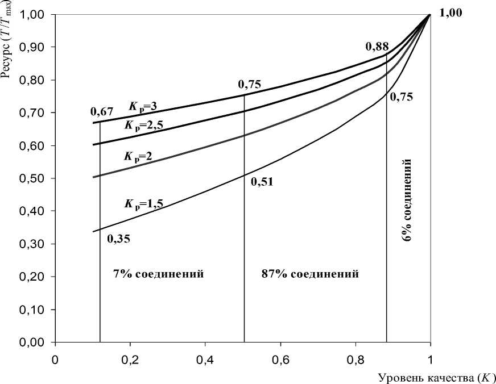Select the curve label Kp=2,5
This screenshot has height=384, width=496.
[x=144, y=124]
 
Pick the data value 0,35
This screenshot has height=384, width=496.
[x=118, y=239]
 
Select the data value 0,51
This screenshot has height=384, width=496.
[x=262, y=182]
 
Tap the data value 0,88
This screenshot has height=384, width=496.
[x=376, y=45]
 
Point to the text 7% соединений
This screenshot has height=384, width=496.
[x=159, y=274]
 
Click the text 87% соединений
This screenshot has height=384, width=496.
[x=310, y=274]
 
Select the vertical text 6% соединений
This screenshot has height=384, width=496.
[x=407, y=201]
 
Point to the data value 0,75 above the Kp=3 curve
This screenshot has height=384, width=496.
[x=249, y=85]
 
